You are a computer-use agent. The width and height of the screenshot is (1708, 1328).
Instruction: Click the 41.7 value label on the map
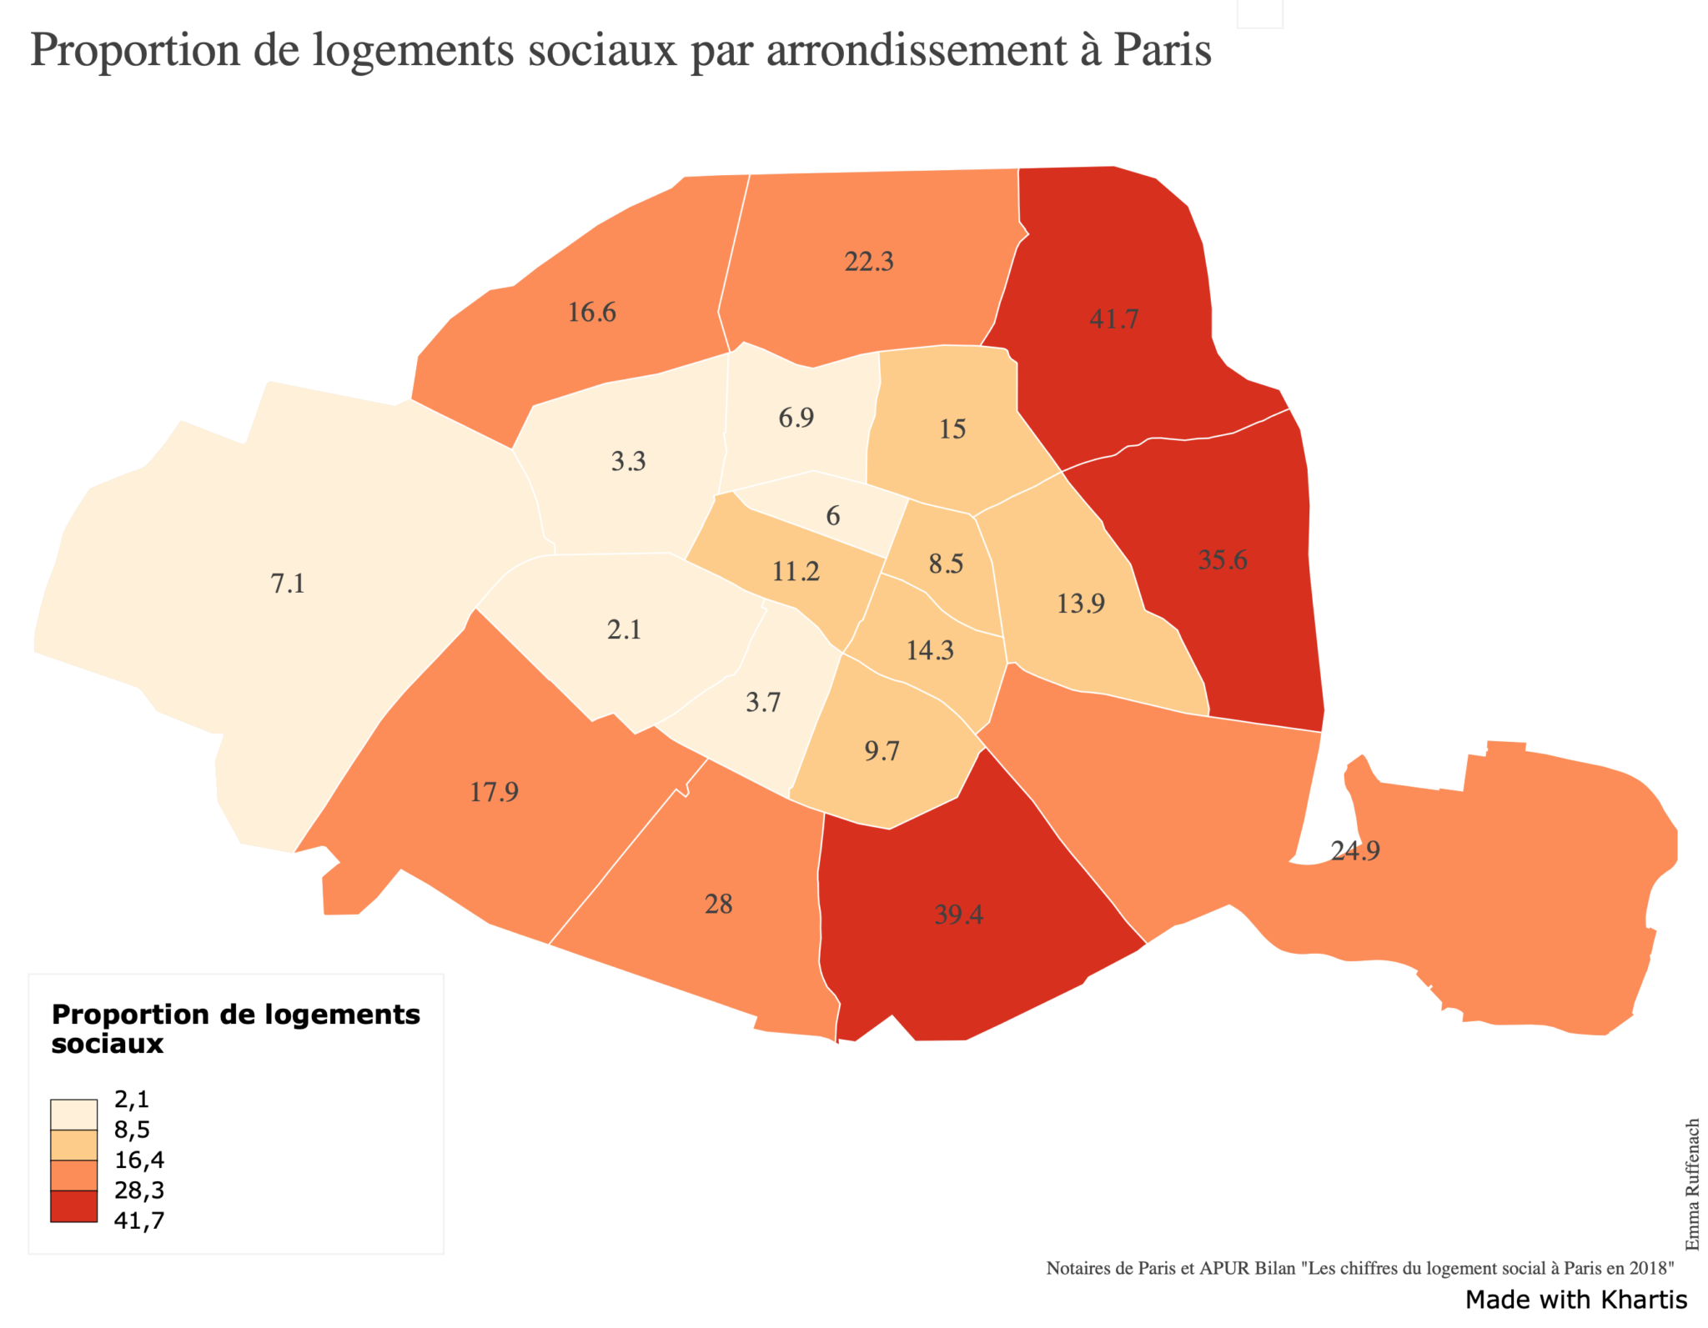pyautogui.click(x=1113, y=319)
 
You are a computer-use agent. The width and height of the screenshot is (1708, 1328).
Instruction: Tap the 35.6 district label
pyautogui.click(x=1222, y=559)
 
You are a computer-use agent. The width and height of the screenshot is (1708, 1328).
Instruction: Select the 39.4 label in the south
pyautogui.click(x=958, y=915)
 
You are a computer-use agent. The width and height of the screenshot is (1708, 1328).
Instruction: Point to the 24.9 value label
pyautogui.click(x=1354, y=850)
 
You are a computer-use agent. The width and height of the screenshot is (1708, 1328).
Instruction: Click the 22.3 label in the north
pyautogui.click(x=868, y=262)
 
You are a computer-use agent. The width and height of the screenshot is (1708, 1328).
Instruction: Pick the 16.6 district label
pyautogui.click(x=591, y=313)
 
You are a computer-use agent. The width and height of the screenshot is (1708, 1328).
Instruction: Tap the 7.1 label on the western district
pyautogui.click(x=288, y=584)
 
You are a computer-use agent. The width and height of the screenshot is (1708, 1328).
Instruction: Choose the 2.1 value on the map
pyautogui.click(x=624, y=629)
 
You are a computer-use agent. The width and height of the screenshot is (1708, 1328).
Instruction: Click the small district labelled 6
pyautogui.click(x=832, y=516)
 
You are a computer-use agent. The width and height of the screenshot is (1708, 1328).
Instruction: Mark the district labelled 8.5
pyautogui.click(x=946, y=564)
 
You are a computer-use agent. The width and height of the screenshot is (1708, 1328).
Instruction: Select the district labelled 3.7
pyautogui.click(x=762, y=703)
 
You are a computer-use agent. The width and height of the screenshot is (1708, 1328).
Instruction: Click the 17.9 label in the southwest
pyautogui.click(x=494, y=791)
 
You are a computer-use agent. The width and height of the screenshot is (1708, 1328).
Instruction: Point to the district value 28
pyautogui.click(x=718, y=905)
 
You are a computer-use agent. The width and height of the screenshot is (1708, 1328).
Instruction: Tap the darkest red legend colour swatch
pyautogui.click(x=73, y=1206)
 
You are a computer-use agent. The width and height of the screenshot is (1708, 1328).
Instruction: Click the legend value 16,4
pyautogui.click(x=139, y=1160)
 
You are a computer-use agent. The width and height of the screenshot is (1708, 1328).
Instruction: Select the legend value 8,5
pyautogui.click(x=132, y=1130)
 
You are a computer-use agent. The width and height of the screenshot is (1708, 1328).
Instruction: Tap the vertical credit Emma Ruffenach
pyautogui.click(x=1692, y=1184)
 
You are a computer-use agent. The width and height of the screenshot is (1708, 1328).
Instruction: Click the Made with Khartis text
pyautogui.click(x=1575, y=1300)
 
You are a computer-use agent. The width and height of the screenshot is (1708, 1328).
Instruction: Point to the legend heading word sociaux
pyautogui.click(x=107, y=1044)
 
